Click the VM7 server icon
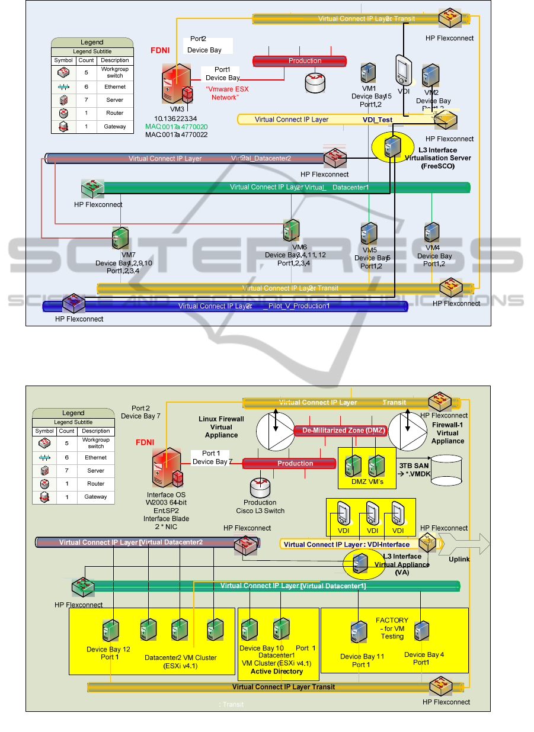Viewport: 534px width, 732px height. [x=120, y=238]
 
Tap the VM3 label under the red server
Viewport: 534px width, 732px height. [x=176, y=109]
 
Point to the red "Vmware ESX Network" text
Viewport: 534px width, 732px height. [x=225, y=93]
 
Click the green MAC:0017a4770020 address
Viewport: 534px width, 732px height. [x=177, y=127]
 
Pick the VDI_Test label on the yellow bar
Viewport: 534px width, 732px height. [x=378, y=120]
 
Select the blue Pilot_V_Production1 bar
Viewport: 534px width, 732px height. [x=225, y=306]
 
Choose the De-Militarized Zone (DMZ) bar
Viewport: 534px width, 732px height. [x=341, y=431]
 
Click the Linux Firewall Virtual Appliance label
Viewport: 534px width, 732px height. [x=221, y=427]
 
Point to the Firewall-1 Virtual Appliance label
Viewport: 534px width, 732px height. [x=447, y=433]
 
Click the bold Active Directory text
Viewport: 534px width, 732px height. [x=277, y=671]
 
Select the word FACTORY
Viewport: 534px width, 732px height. [x=392, y=621]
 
